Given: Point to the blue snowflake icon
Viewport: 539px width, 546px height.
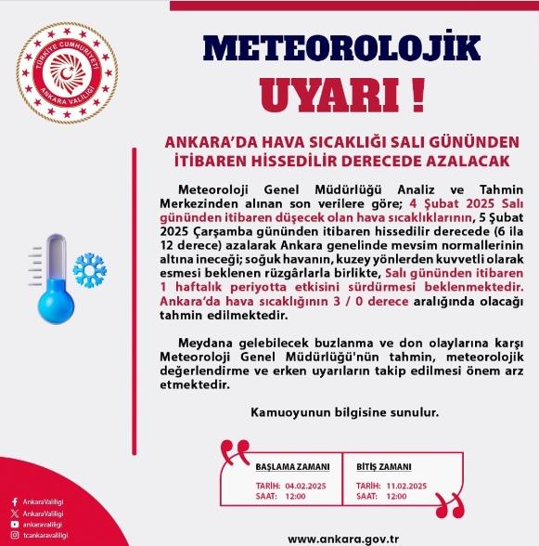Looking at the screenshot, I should pos(91,269).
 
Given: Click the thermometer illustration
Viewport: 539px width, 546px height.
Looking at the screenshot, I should pos(46,279).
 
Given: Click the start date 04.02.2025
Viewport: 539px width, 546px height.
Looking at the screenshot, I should pos(307,486).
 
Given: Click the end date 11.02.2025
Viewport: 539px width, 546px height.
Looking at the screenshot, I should pos(406,486).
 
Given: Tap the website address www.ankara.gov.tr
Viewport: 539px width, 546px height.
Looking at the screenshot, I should pos(342,536).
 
